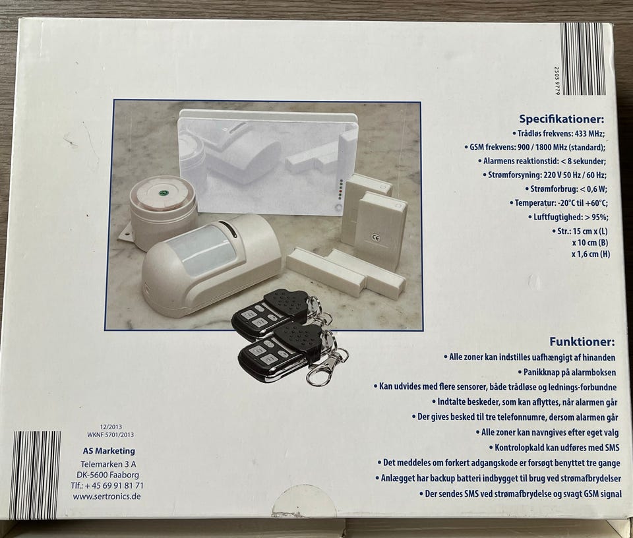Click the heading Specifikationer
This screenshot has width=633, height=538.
tap(562, 119)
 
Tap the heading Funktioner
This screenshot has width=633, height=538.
tap(582, 342)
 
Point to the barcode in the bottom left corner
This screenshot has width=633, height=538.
tap(35, 475)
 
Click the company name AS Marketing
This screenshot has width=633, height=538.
tap(109, 451)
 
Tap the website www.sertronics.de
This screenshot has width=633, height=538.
tap(107, 496)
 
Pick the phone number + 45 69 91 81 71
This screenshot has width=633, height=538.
tap(113, 485)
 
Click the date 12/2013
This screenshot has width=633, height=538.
tap(111, 427)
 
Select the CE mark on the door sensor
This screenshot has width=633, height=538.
tap(375, 238)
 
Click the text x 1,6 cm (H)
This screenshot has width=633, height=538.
tap(591, 254)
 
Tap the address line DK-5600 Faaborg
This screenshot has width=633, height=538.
tap(107, 475)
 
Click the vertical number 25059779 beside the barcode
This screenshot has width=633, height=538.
tap(557, 80)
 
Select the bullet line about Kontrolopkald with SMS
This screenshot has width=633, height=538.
tap(555, 448)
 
